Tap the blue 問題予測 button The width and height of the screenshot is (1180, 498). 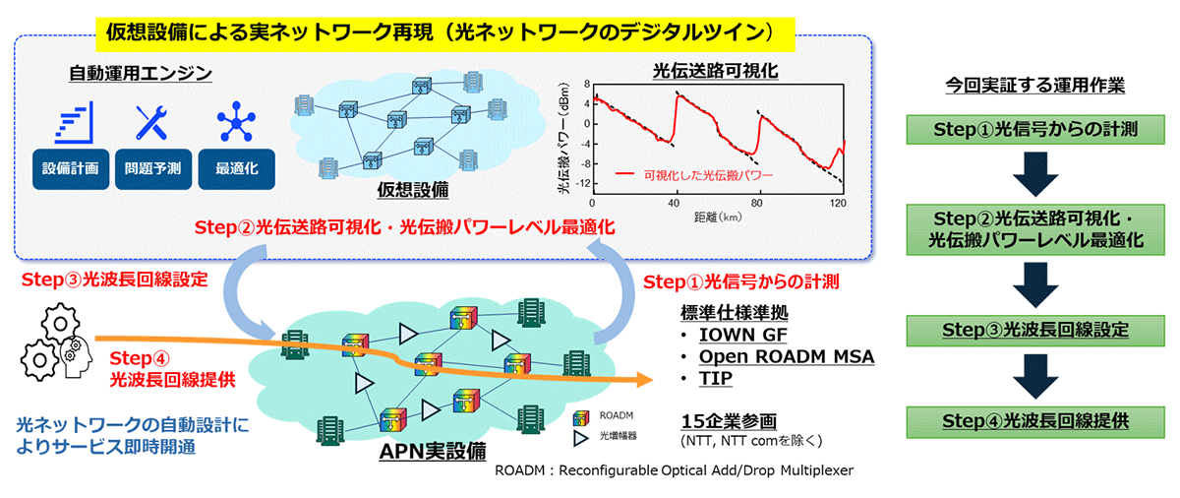(150, 168)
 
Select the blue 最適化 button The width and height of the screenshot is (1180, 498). (235, 168)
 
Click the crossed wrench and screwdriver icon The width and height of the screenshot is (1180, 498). (152, 122)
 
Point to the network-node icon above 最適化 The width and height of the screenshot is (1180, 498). (236, 122)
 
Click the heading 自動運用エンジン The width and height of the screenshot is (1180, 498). (141, 74)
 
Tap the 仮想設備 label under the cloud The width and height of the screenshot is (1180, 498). (413, 189)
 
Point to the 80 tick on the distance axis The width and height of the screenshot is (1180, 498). (758, 202)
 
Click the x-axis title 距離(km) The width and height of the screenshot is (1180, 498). (715, 215)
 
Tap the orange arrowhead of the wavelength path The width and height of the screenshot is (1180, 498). (644, 379)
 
